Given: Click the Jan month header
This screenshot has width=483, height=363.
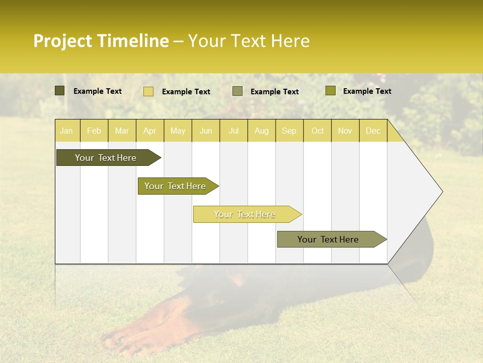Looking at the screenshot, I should click(x=66, y=131).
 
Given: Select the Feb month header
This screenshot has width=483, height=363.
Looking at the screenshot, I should click(x=94, y=131).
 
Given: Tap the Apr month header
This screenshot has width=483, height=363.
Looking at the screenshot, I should click(x=149, y=131).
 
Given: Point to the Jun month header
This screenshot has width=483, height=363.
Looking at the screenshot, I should click(x=206, y=131).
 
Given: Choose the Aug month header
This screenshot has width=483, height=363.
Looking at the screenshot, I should click(x=261, y=131).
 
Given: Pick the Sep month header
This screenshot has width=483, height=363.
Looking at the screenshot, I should click(x=289, y=131).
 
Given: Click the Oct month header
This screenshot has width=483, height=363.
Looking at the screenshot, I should click(x=317, y=131).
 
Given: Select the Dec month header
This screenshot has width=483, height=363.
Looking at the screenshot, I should click(x=373, y=131).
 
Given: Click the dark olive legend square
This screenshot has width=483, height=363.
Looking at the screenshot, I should click(x=60, y=91).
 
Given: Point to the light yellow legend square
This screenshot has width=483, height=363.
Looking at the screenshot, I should click(x=148, y=91).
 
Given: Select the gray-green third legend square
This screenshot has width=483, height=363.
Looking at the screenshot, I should click(x=237, y=91).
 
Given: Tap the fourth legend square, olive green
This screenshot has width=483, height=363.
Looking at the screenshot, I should click(x=331, y=91).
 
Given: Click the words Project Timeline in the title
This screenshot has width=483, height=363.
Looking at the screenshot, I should click(x=101, y=41).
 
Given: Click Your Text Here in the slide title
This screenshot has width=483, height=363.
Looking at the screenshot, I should click(x=249, y=41).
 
